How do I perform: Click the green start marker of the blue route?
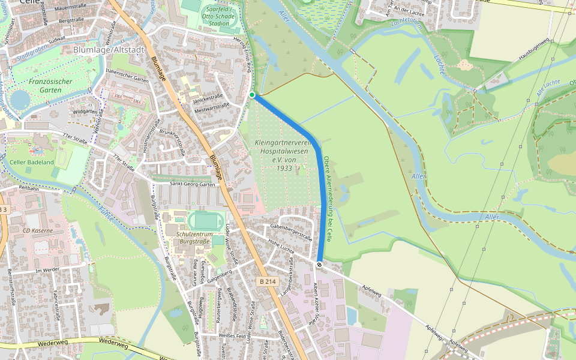pyautogui.click(x=252, y=95)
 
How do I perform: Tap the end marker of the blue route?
pyautogui.click(x=319, y=265)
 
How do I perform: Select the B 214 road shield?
pyautogui.click(x=269, y=281)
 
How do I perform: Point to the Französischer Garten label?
pyautogui.click(x=50, y=85)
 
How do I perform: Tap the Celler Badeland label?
pyautogui.click(x=32, y=162)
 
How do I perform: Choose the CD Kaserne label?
pyautogui.click(x=38, y=230)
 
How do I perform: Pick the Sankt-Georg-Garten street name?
pyautogui.click(x=192, y=184)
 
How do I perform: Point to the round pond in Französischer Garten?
pyautogui.click(x=19, y=99)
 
